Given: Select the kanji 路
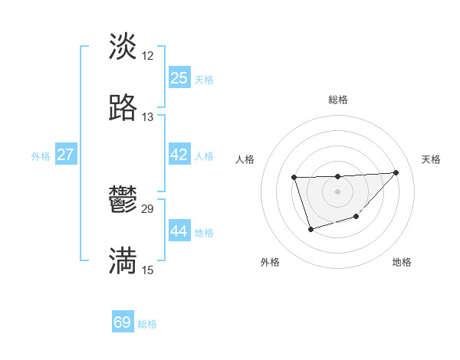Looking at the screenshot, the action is [x=123, y=108].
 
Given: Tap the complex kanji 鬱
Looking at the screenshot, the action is [x=123, y=201].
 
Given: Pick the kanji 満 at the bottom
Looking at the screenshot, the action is [x=123, y=261].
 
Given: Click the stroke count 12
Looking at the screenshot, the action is [x=148, y=56].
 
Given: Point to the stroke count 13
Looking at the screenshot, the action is [x=148, y=117].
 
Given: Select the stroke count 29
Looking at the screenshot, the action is [x=148, y=209].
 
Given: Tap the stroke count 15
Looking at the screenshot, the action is [x=148, y=270].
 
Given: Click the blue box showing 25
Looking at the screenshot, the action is [x=179, y=78].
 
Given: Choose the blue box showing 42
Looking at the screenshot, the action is [x=179, y=155].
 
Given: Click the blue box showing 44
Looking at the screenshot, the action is [x=179, y=231].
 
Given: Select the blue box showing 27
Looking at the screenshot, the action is [x=65, y=155].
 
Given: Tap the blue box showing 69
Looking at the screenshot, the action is [x=123, y=322].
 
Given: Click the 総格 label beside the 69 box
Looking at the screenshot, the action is [x=147, y=324].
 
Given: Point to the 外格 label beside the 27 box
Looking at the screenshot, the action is [x=41, y=156].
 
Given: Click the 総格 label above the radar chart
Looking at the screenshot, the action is [x=337, y=100].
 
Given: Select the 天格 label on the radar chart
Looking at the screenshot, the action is [x=431, y=159].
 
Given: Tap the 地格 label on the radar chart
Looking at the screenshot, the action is [x=402, y=263].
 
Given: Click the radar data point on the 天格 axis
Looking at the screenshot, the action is [x=396, y=172].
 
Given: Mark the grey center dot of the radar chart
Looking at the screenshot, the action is [x=337, y=191].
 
